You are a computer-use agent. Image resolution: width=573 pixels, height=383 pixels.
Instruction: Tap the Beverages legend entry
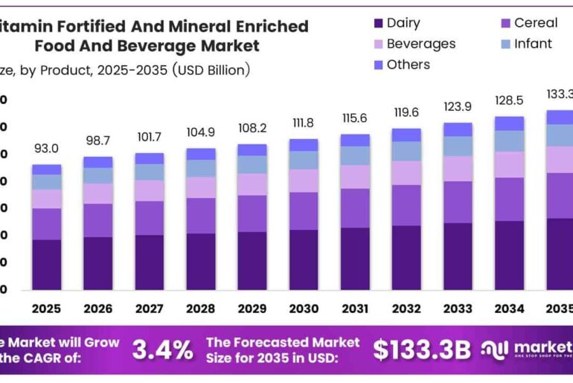[x=420, y=44]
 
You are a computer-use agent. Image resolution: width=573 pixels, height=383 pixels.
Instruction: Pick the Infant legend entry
[x=533, y=44]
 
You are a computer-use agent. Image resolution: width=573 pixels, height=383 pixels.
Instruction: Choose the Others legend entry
[x=408, y=65]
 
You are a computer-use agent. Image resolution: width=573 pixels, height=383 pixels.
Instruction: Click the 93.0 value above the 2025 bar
[x=46, y=149]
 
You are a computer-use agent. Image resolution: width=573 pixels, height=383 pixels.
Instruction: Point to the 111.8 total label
[x=303, y=123]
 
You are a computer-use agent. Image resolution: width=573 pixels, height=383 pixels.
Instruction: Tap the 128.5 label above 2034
[x=509, y=100]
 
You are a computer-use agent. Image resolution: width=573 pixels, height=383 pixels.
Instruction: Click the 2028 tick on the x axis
[x=200, y=308]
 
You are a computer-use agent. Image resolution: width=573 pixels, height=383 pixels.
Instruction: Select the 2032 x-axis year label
[x=406, y=308]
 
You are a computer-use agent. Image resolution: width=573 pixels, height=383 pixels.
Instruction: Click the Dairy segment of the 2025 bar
[x=46, y=264]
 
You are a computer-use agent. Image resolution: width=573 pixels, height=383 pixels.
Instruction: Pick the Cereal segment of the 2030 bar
[x=303, y=210]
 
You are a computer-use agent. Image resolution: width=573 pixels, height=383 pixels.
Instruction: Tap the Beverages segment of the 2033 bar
[x=458, y=168]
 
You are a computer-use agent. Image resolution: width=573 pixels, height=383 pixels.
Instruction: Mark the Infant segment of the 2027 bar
[x=149, y=172]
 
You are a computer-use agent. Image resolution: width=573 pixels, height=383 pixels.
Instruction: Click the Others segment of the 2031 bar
[x=355, y=140]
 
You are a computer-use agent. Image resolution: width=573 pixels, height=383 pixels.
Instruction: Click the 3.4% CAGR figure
[x=162, y=349]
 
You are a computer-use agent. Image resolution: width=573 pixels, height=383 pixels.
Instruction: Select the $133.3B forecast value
[x=422, y=349]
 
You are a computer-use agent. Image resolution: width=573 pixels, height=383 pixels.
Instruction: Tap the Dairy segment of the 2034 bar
[x=509, y=255]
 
